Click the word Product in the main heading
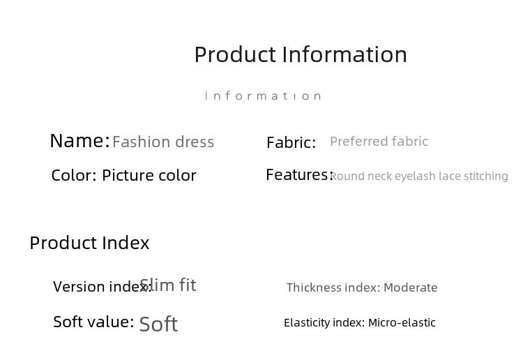pos(235,54)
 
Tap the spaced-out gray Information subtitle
pos(263,96)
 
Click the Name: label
pos(79,140)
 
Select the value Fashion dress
pos(163,142)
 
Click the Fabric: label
pos(291,142)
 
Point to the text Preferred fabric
pos(379,141)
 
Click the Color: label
pos(74,175)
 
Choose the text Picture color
pos(149,175)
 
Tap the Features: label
pos(300,174)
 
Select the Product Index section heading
pos(89,243)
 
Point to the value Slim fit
pos(168,285)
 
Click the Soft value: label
pos(93,322)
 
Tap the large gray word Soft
pos(158,324)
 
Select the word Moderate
pos(411,287)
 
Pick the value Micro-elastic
pos(402,322)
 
